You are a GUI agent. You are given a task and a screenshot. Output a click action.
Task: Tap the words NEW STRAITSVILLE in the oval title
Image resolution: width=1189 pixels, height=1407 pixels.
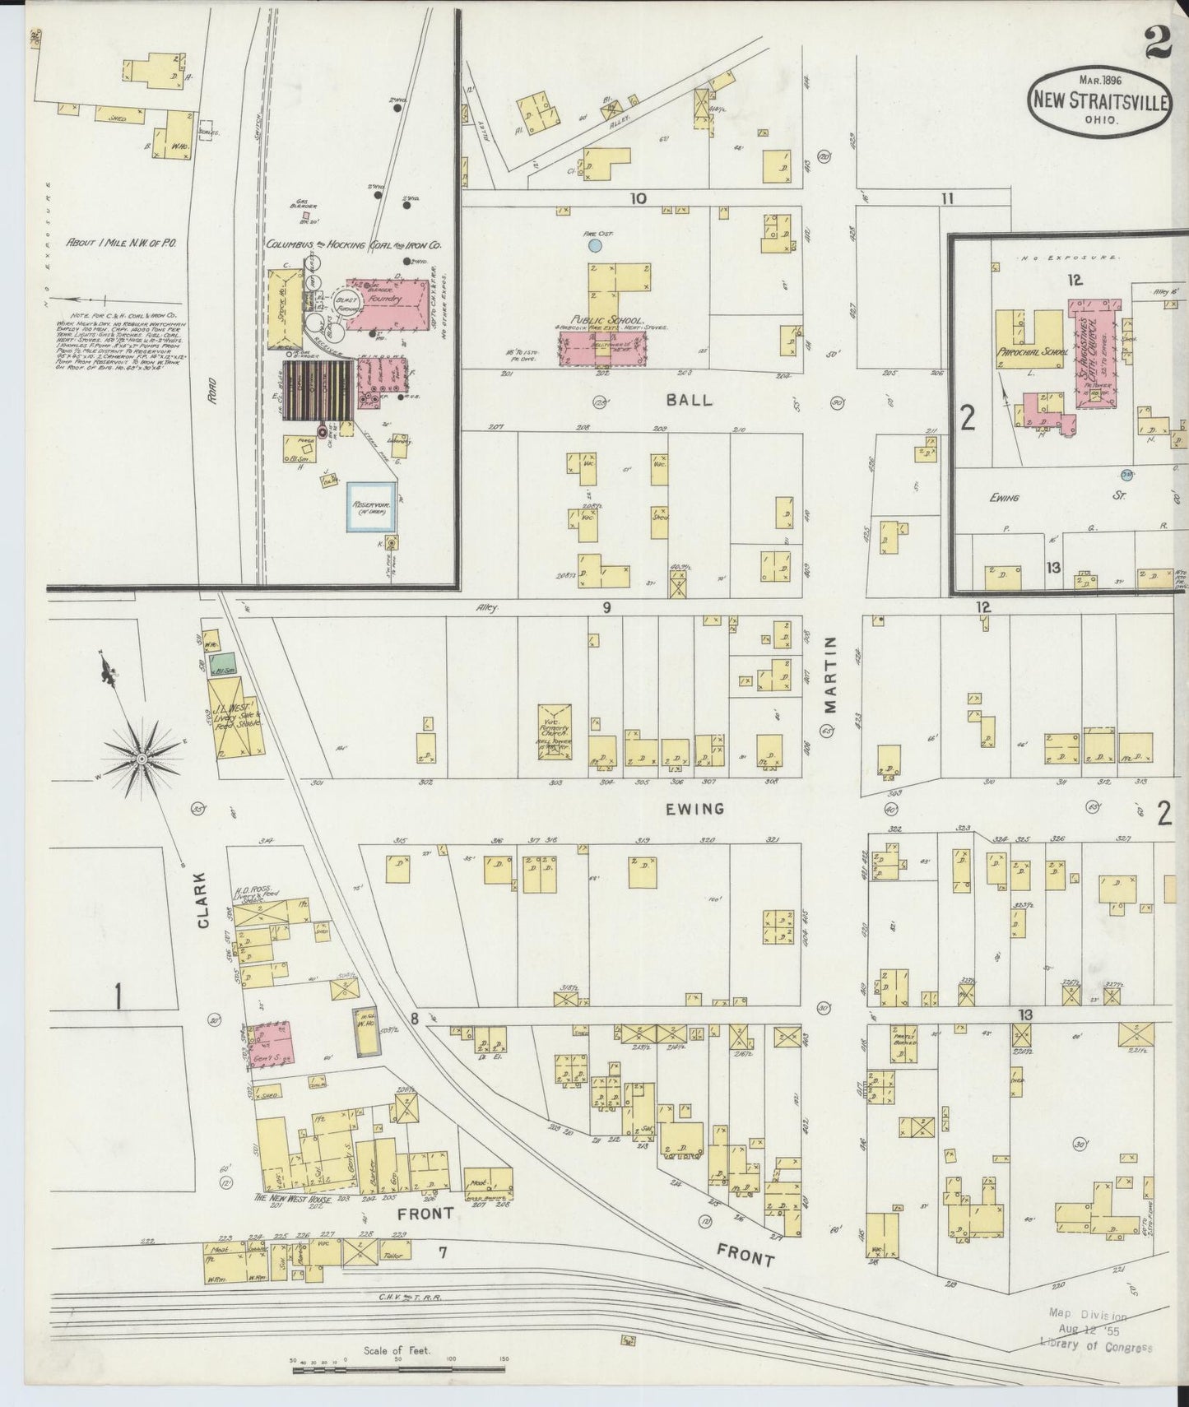point(1098,101)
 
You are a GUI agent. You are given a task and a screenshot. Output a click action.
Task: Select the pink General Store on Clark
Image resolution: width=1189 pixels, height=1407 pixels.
point(272,1045)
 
